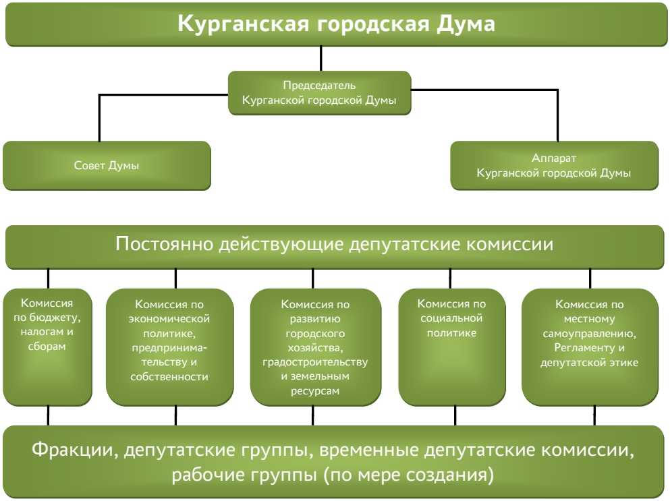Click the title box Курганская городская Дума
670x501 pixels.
tap(335, 25)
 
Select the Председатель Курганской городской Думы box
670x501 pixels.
tap(319, 92)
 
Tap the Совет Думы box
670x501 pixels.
tap(107, 165)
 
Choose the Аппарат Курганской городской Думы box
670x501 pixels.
tap(554, 165)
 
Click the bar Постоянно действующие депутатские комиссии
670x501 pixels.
tap(335, 244)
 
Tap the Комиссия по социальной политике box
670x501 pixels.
tap(452, 347)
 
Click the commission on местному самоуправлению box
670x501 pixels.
tap(590, 347)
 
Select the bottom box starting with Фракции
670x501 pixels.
tap(335, 462)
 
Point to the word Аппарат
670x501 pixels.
tap(554, 159)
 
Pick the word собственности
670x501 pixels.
tap(169, 377)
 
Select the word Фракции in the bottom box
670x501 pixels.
tap(75, 449)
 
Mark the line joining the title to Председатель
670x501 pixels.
tap(320, 59)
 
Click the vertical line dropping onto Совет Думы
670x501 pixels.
tap(100, 118)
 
